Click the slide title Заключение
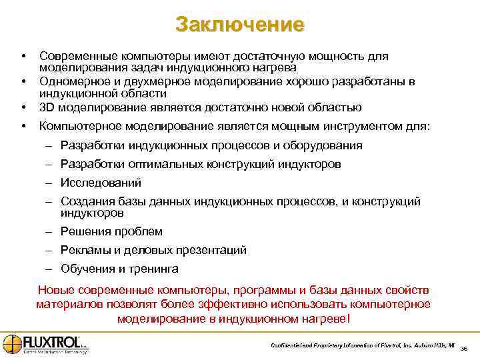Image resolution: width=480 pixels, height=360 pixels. pyautogui.click(x=240, y=25)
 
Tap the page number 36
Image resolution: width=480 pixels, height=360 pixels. pyautogui.click(x=464, y=347)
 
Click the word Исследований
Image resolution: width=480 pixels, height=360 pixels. pyautogui.click(x=101, y=182)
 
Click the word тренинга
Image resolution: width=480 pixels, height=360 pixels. pyautogui.click(x=153, y=269)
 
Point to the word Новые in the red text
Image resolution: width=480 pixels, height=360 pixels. pyautogui.click(x=56, y=290)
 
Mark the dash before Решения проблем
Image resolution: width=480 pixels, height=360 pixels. pyautogui.click(x=49, y=231)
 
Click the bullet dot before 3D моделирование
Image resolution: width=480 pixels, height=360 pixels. pyautogui.click(x=23, y=107)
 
